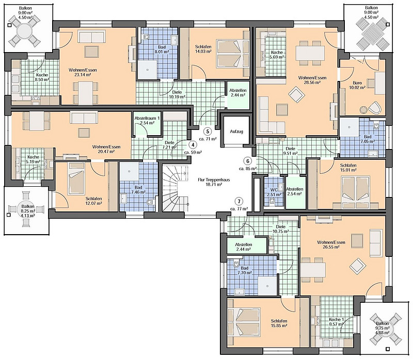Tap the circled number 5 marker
(207, 131)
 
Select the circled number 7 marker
(238, 201)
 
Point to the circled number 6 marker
(247, 160)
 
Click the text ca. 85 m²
(248, 168)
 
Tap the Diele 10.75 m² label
(281, 230)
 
